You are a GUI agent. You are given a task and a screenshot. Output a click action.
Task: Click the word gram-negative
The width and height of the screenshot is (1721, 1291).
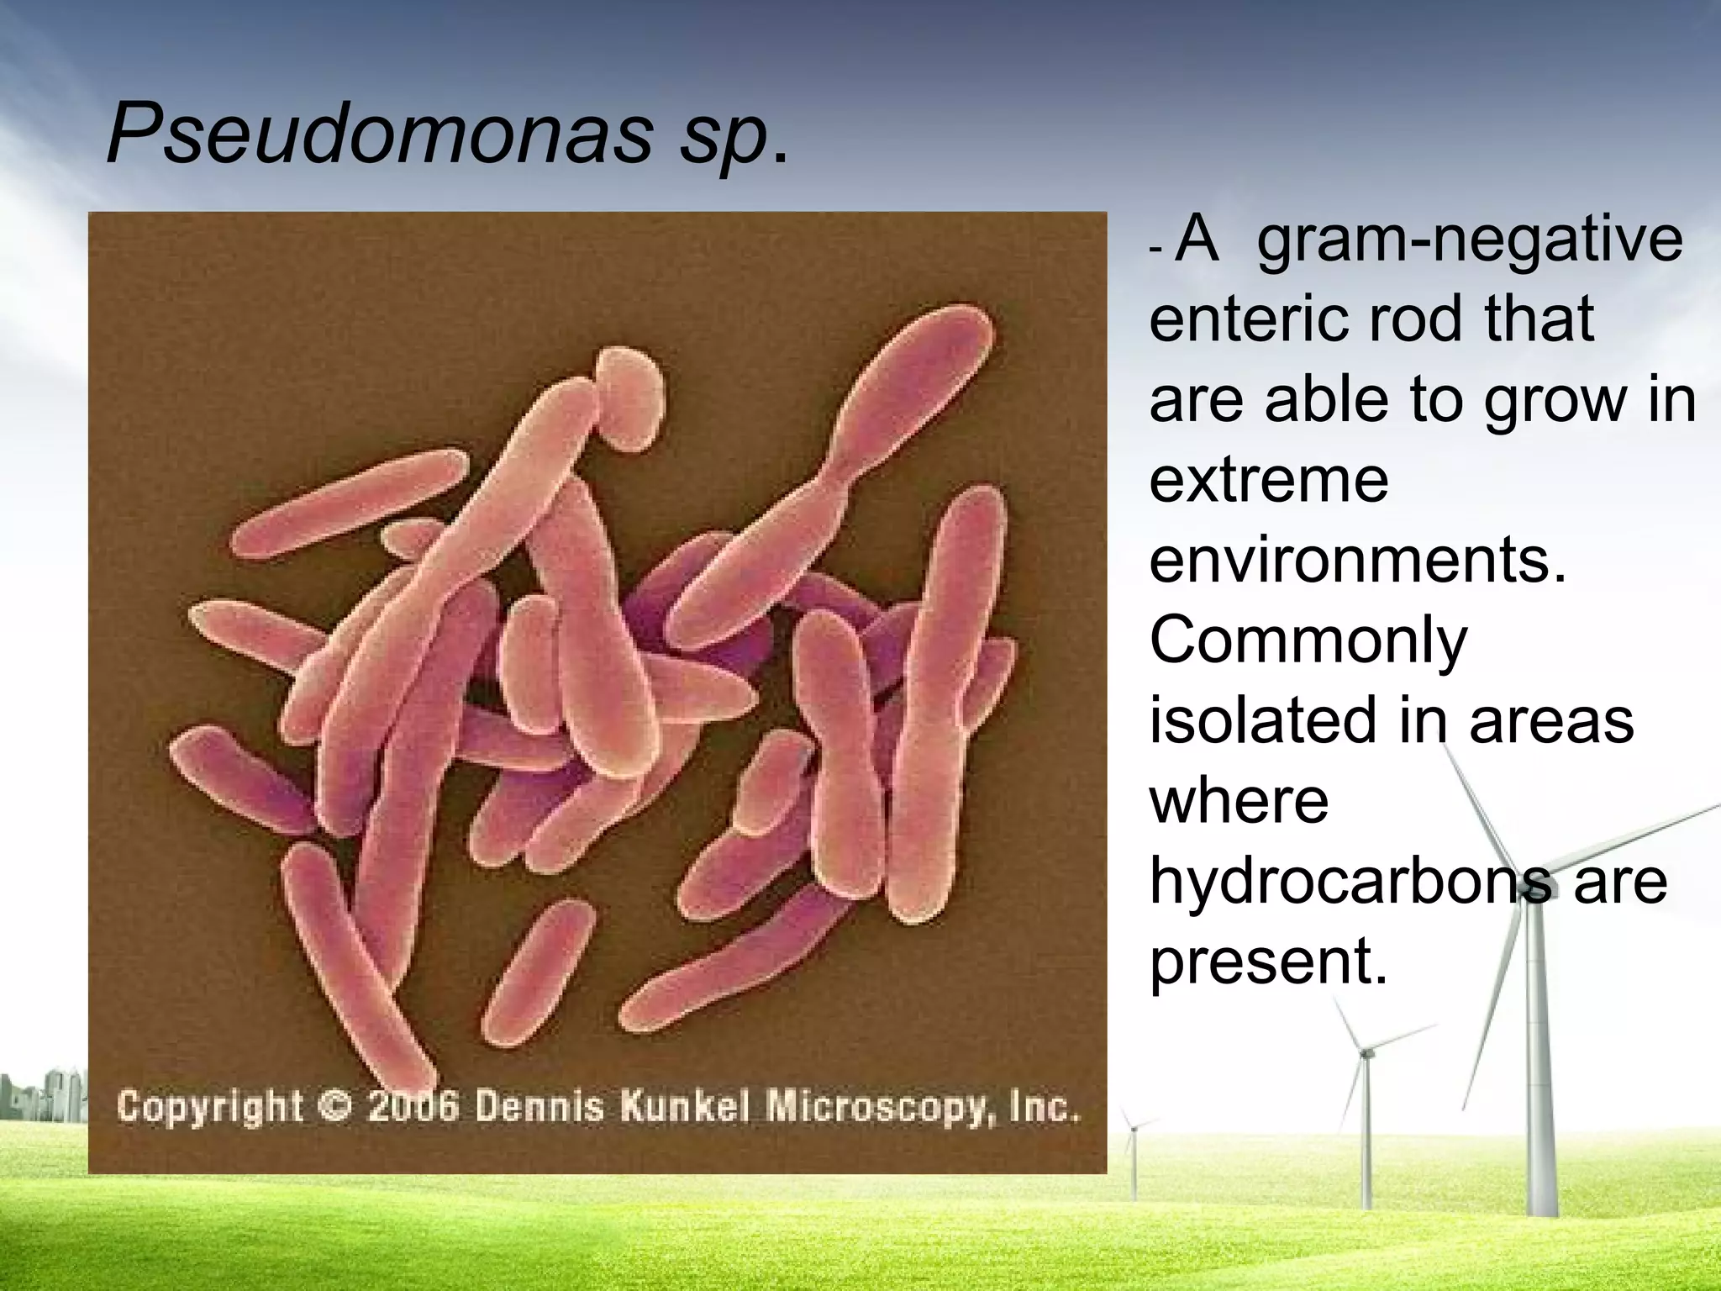click(1471, 242)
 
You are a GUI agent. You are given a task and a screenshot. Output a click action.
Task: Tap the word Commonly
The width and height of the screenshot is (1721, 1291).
click(1308, 642)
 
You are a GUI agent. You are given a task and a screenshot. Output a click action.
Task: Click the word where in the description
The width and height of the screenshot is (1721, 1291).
click(1239, 800)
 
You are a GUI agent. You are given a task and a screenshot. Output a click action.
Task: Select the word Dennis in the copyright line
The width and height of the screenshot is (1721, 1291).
click(539, 1106)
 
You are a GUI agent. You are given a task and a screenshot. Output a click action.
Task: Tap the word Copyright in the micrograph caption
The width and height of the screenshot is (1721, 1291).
click(210, 1106)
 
